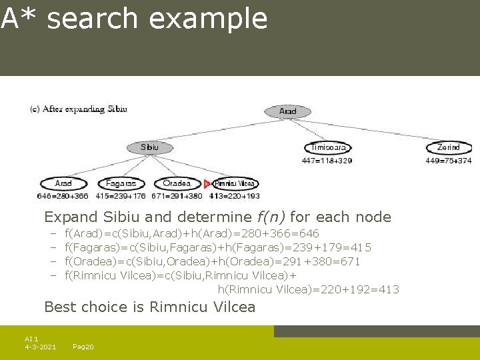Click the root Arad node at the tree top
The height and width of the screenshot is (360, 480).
287,111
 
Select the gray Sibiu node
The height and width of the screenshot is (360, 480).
149,147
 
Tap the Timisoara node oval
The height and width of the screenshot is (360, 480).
327,147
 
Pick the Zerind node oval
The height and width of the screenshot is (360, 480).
448,147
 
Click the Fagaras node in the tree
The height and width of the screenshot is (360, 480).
121,183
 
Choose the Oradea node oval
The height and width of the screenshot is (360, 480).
177,183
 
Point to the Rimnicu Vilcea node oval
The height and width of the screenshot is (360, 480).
235,183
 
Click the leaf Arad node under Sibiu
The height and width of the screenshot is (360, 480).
63,183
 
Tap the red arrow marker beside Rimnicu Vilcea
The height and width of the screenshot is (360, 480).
207,183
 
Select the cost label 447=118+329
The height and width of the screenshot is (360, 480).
327,161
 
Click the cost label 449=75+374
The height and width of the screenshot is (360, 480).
448,161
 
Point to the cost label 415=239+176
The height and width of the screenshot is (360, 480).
121,197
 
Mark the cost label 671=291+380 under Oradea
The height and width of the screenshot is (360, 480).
177,197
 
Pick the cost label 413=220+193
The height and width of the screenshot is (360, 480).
235,197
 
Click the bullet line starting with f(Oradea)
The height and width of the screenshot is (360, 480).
212,261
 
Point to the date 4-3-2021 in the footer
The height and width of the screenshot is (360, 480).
40,347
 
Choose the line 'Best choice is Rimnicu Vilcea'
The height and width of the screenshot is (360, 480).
149,307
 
